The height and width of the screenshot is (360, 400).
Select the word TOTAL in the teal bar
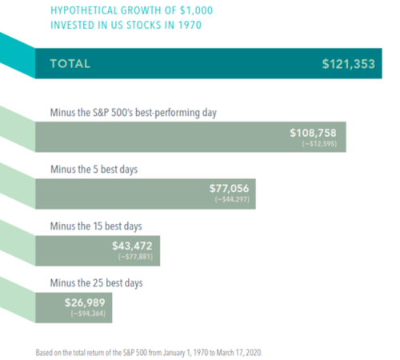pos(70,64)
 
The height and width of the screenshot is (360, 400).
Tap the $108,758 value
pos(317,132)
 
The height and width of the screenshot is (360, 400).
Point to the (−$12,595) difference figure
pos(322,144)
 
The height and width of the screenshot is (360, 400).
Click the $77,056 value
pos(230,189)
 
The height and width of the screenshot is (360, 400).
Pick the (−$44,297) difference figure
pos(235,201)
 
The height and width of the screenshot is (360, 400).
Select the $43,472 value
pos(133,245)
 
